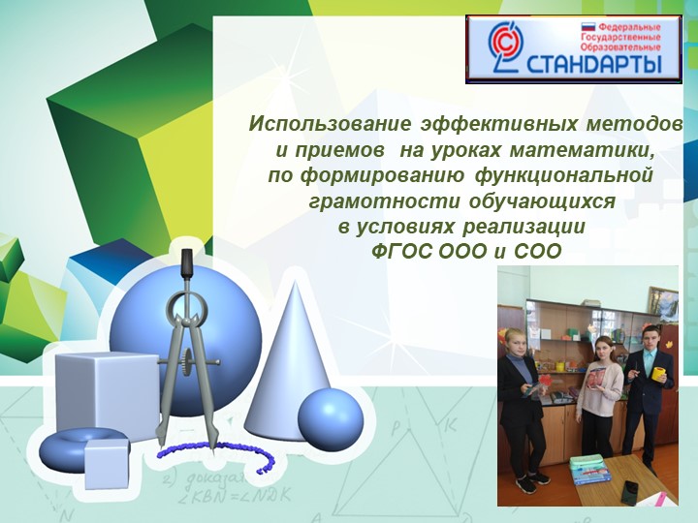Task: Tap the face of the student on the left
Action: [x=514, y=341]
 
